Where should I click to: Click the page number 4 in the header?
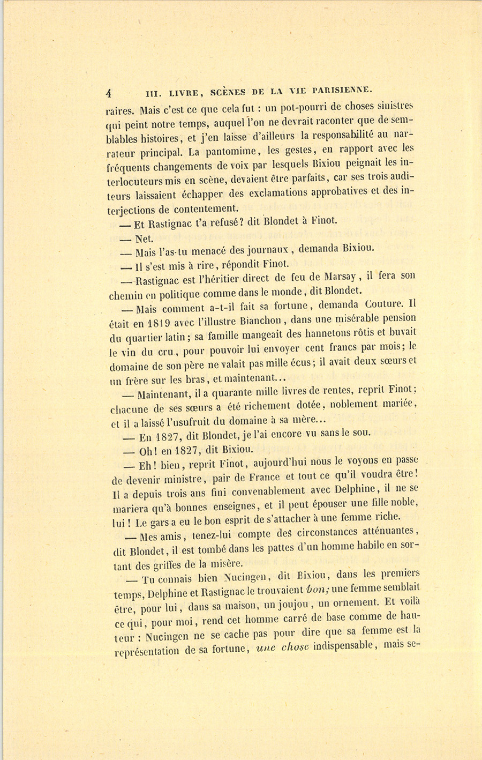tap(109, 92)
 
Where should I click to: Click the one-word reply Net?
tap(145, 239)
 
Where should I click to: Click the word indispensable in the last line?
tap(349, 646)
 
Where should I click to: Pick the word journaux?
tap(264, 250)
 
